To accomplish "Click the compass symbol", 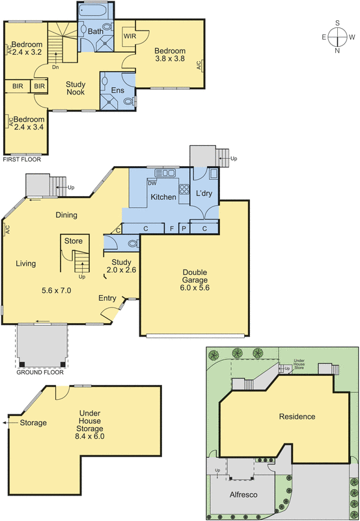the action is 338,37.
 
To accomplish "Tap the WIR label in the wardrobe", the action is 130,36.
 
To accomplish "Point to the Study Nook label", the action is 76,89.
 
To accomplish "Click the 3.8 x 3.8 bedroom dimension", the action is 170,59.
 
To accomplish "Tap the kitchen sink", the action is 165,173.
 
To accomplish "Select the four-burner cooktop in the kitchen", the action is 184,189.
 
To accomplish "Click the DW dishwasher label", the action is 152,183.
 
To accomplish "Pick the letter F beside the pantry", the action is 172,229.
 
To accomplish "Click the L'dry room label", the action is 204,193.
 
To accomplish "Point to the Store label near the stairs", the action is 74,241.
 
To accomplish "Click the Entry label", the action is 107,298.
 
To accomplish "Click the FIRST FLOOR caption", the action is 22,160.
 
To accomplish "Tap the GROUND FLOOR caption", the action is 40,372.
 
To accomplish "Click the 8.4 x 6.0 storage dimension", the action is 90,436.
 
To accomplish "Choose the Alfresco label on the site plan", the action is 243,495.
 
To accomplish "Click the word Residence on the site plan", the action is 297,417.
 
